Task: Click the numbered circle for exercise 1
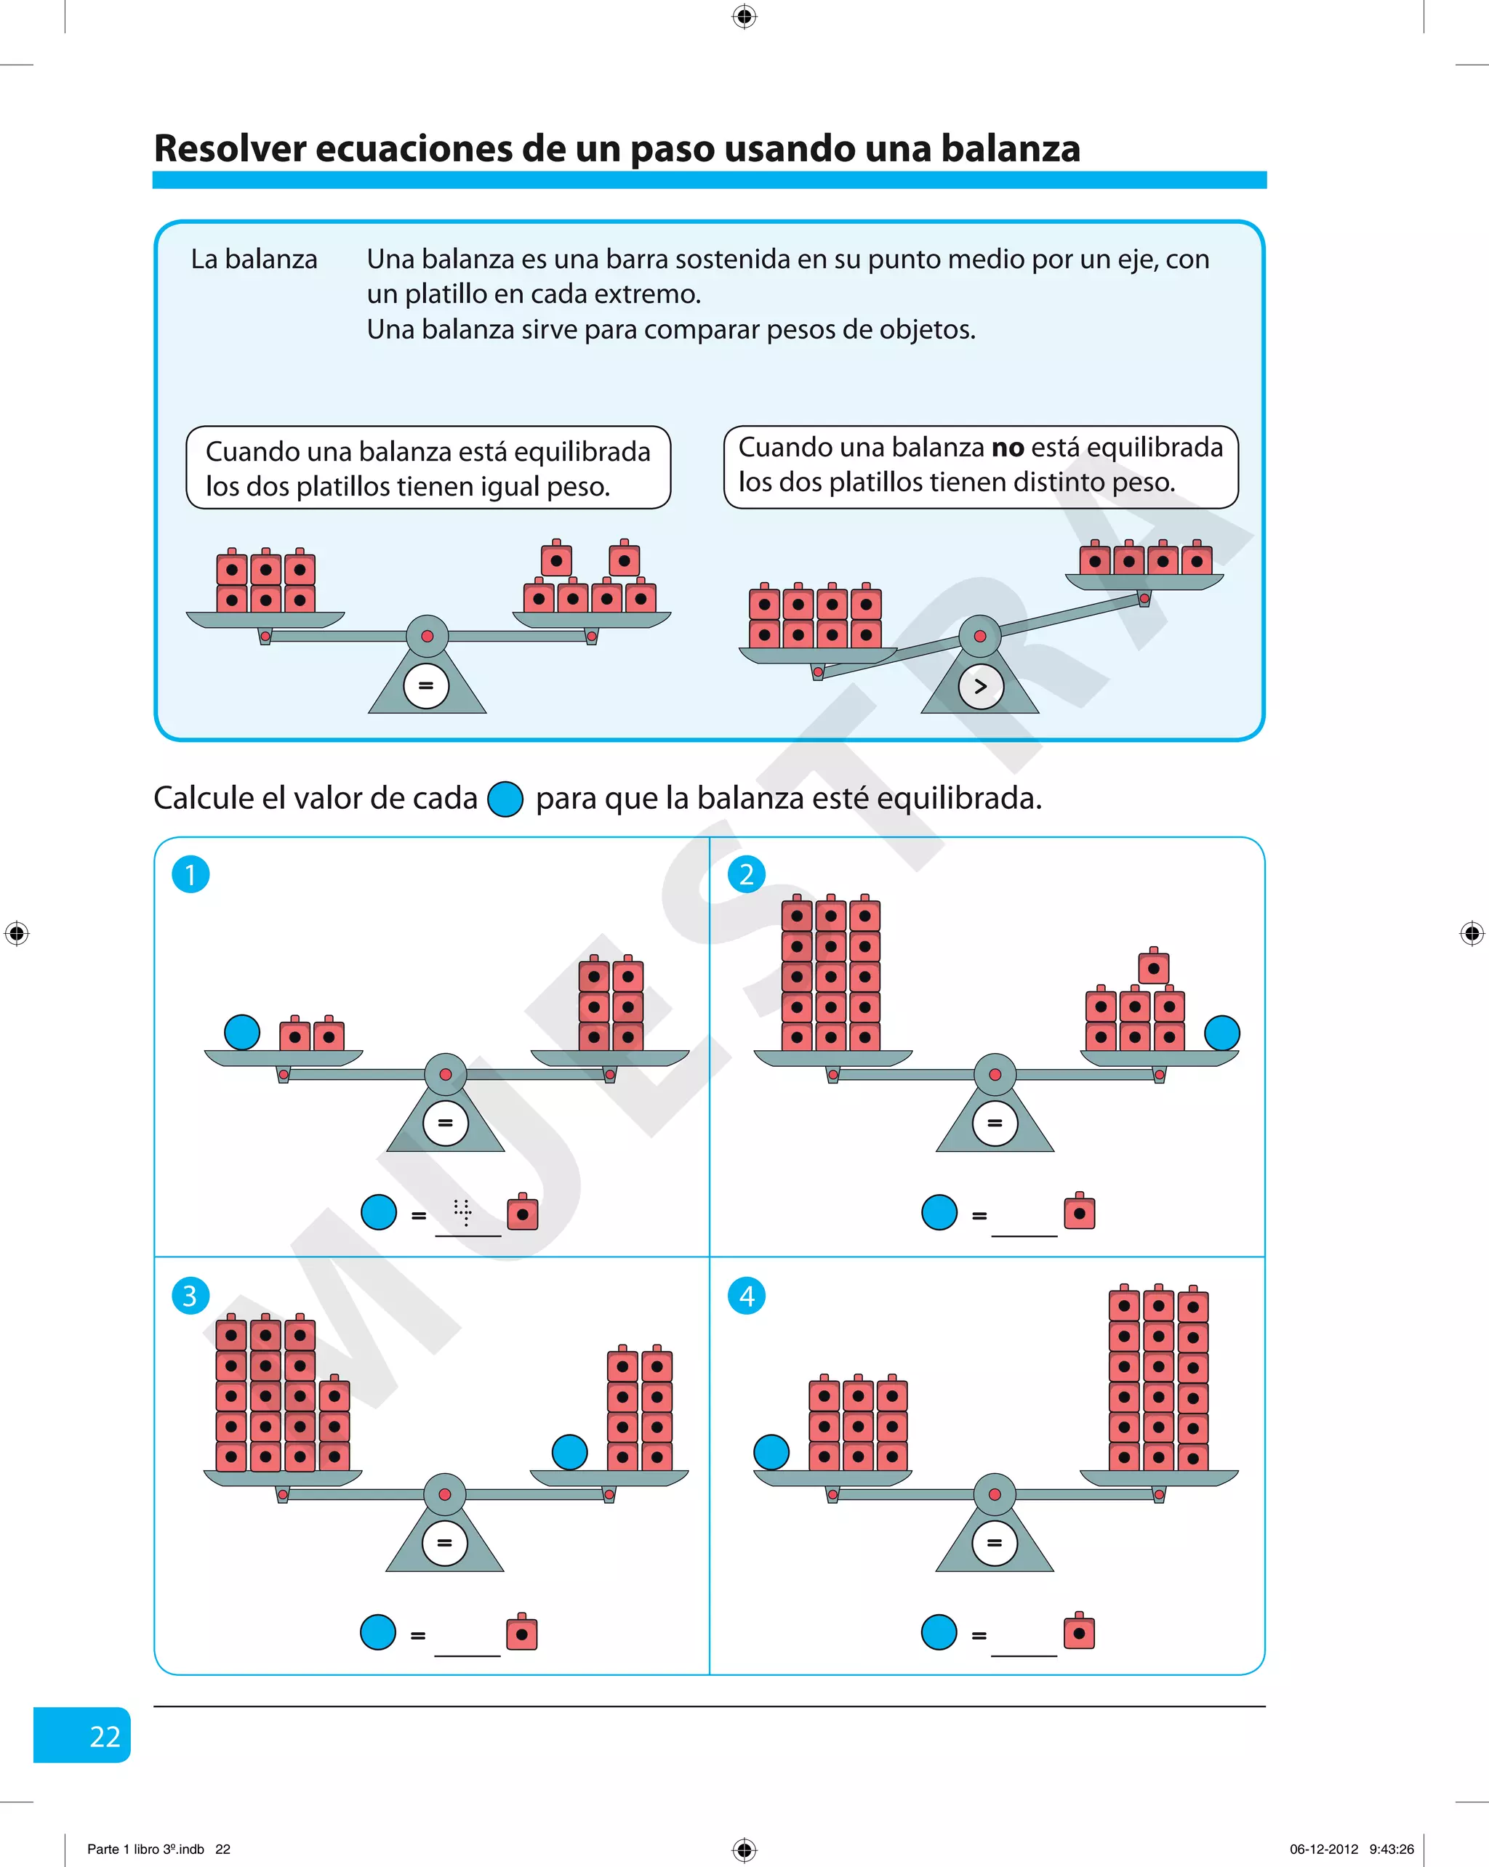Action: tap(190, 874)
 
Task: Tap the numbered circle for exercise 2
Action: tap(746, 874)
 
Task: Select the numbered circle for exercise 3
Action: tap(190, 1296)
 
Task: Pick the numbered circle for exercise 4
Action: tap(746, 1296)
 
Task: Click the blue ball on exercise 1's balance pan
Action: tap(241, 1032)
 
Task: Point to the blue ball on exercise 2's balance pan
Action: tap(1221, 1032)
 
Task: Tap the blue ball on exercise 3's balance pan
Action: tap(569, 1452)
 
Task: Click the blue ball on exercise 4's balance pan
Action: tap(771, 1452)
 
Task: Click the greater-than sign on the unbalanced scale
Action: tap(981, 687)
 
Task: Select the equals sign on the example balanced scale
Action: tap(425, 686)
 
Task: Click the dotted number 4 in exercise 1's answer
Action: tap(463, 1211)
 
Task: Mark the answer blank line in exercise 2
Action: tap(1024, 1233)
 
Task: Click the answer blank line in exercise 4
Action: tap(1024, 1653)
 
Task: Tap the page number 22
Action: tap(105, 1736)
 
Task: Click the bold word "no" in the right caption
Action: tap(1008, 448)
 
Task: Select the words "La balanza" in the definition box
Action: tap(254, 259)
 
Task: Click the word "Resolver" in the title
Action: tap(230, 148)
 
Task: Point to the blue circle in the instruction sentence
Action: tap(505, 799)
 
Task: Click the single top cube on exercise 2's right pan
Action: tap(1153, 967)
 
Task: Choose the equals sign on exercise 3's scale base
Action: tap(444, 1542)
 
